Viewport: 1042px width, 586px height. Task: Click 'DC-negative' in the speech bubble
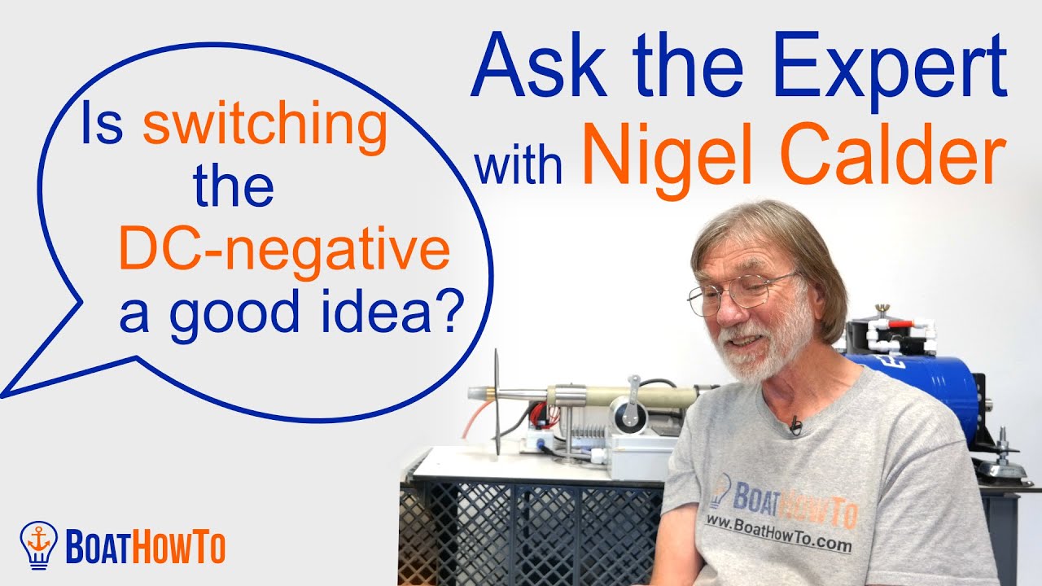[x=284, y=251]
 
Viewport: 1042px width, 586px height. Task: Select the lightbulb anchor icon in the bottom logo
[x=37, y=543]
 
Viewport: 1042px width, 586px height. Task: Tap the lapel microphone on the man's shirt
[x=795, y=424]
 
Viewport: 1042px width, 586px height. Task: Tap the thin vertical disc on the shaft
[x=496, y=403]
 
